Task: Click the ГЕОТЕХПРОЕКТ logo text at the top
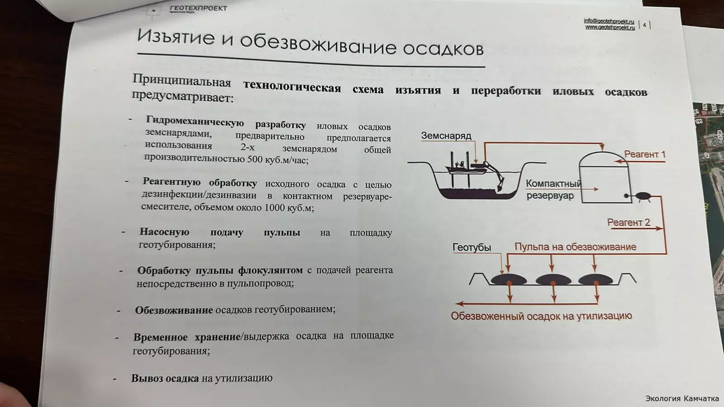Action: [x=199, y=8]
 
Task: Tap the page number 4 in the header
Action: [x=644, y=25]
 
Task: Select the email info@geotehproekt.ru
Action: [x=609, y=21]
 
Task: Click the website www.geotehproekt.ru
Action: [x=610, y=28]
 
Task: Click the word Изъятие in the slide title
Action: [x=176, y=37]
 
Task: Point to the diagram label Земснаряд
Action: [x=446, y=136]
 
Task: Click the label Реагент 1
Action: [x=644, y=154]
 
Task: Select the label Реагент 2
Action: [x=629, y=222]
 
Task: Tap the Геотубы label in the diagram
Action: [x=472, y=247]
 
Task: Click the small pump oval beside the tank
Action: [x=643, y=196]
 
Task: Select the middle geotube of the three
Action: [x=553, y=280]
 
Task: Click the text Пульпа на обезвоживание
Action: [x=575, y=247]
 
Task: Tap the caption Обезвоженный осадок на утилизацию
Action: [x=541, y=316]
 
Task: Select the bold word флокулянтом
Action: [x=271, y=270]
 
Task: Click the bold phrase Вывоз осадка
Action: [x=165, y=378]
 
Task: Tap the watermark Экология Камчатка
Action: [x=682, y=398]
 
